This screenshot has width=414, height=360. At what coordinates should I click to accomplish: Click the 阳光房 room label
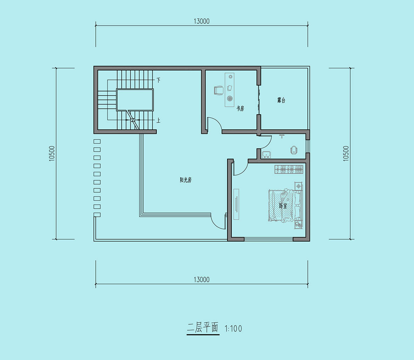tap(185, 180)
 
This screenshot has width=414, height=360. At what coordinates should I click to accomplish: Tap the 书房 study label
tap(240, 109)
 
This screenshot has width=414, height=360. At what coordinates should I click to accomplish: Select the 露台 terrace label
tap(281, 100)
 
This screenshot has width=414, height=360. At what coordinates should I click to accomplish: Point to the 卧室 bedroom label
tap(283, 206)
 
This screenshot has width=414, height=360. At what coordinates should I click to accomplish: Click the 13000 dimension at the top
tap(202, 21)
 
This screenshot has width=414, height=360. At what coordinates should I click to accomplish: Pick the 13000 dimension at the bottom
tap(202, 279)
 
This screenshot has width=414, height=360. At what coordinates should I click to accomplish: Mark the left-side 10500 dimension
tap(52, 153)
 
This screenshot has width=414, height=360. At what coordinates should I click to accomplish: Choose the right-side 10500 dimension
tap(346, 153)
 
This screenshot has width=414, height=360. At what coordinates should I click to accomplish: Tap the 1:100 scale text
tap(233, 328)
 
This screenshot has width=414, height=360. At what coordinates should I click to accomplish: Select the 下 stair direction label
tap(158, 80)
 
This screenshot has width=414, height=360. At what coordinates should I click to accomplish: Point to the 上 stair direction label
tap(158, 120)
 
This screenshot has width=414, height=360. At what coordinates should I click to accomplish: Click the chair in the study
tap(219, 90)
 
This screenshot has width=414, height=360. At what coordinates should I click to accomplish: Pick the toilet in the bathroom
tap(294, 150)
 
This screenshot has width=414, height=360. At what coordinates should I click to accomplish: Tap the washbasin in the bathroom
tap(266, 154)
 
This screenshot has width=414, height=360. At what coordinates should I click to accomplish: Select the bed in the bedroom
tap(285, 206)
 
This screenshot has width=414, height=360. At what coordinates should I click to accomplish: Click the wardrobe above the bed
tap(289, 169)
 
